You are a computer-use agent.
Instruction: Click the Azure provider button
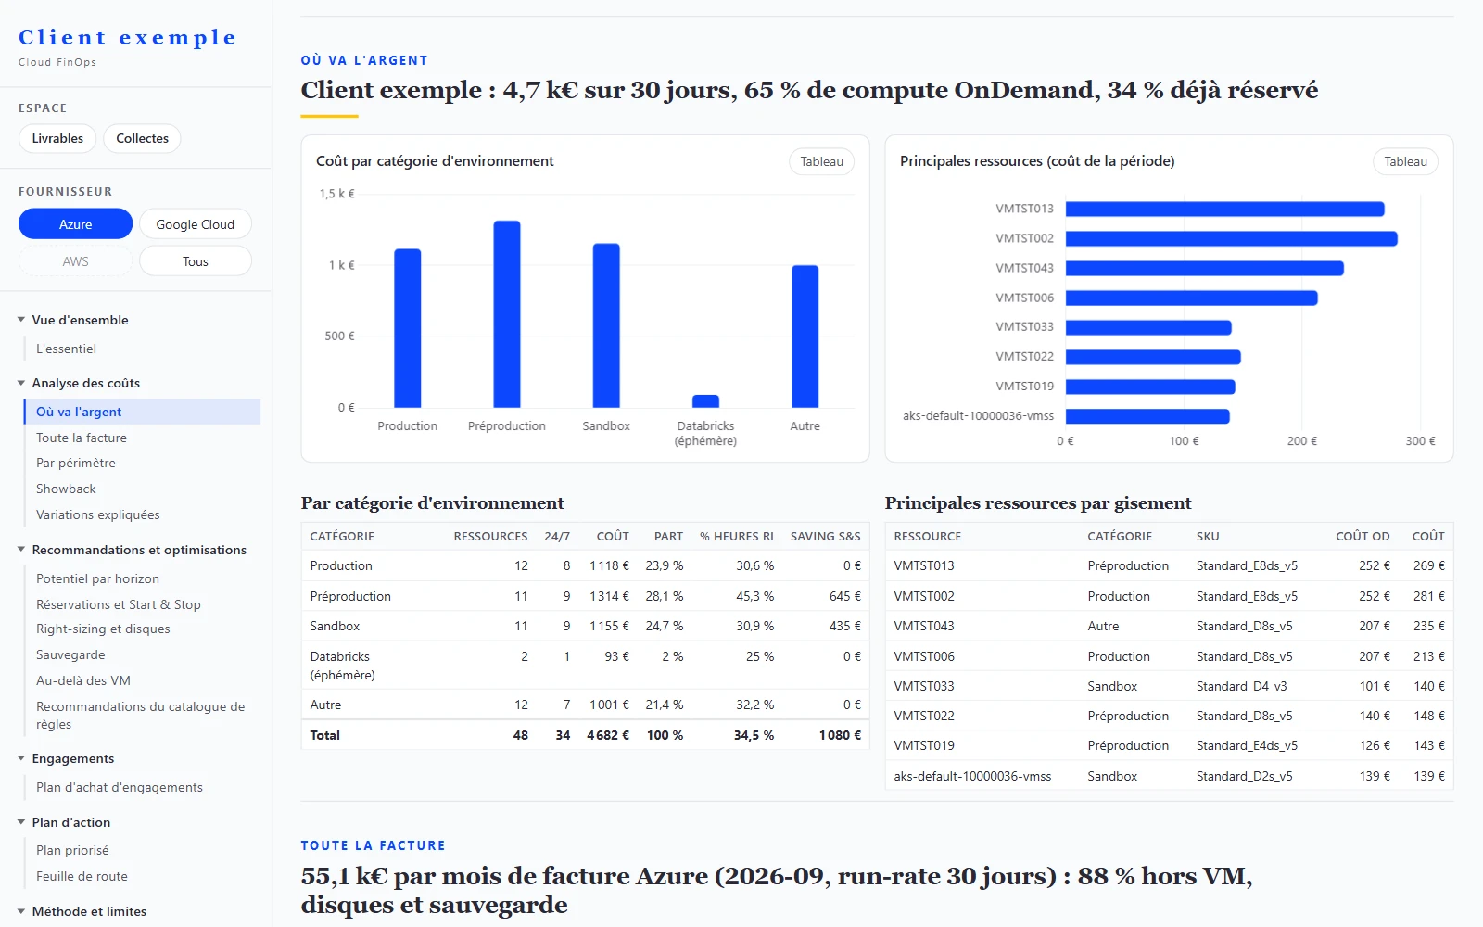(75, 223)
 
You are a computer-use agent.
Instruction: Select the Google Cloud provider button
(196, 223)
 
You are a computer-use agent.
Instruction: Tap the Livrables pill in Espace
(57, 138)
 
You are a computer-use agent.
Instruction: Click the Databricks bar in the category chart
(705, 401)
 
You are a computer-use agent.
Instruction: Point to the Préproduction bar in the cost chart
(507, 314)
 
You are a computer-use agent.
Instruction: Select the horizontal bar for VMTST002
(1232, 238)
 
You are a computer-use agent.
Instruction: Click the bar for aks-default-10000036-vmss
(1147, 416)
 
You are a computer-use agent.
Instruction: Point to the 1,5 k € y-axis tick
(337, 194)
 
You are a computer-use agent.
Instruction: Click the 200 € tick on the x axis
(1301, 441)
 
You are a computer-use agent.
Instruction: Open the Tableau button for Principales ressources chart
(1405, 161)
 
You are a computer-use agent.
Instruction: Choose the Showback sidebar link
(66, 489)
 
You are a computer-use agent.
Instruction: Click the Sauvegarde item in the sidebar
(70, 654)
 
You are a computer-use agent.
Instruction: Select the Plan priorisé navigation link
(73, 850)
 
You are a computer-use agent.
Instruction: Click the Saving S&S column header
(826, 537)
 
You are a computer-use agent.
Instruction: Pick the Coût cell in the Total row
(608, 735)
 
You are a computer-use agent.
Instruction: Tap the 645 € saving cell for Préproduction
(845, 596)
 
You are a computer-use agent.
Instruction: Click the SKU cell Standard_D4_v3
(1241, 686)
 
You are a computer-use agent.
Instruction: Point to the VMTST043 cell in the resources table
(924, 626)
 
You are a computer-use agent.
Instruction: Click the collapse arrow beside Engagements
(21, 758)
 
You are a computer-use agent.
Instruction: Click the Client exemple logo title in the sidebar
(127, 37)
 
